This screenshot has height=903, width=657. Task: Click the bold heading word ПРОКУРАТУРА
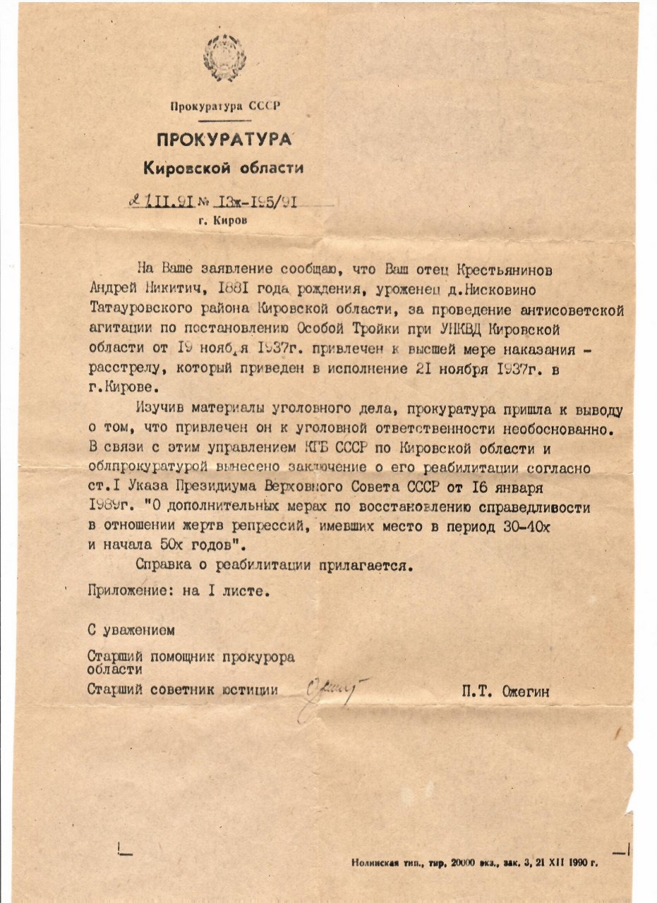224,139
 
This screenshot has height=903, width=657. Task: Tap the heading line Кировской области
224,168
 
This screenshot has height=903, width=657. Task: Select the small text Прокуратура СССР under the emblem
225,107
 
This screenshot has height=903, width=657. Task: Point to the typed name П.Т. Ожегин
505,692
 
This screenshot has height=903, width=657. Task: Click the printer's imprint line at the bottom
474,863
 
